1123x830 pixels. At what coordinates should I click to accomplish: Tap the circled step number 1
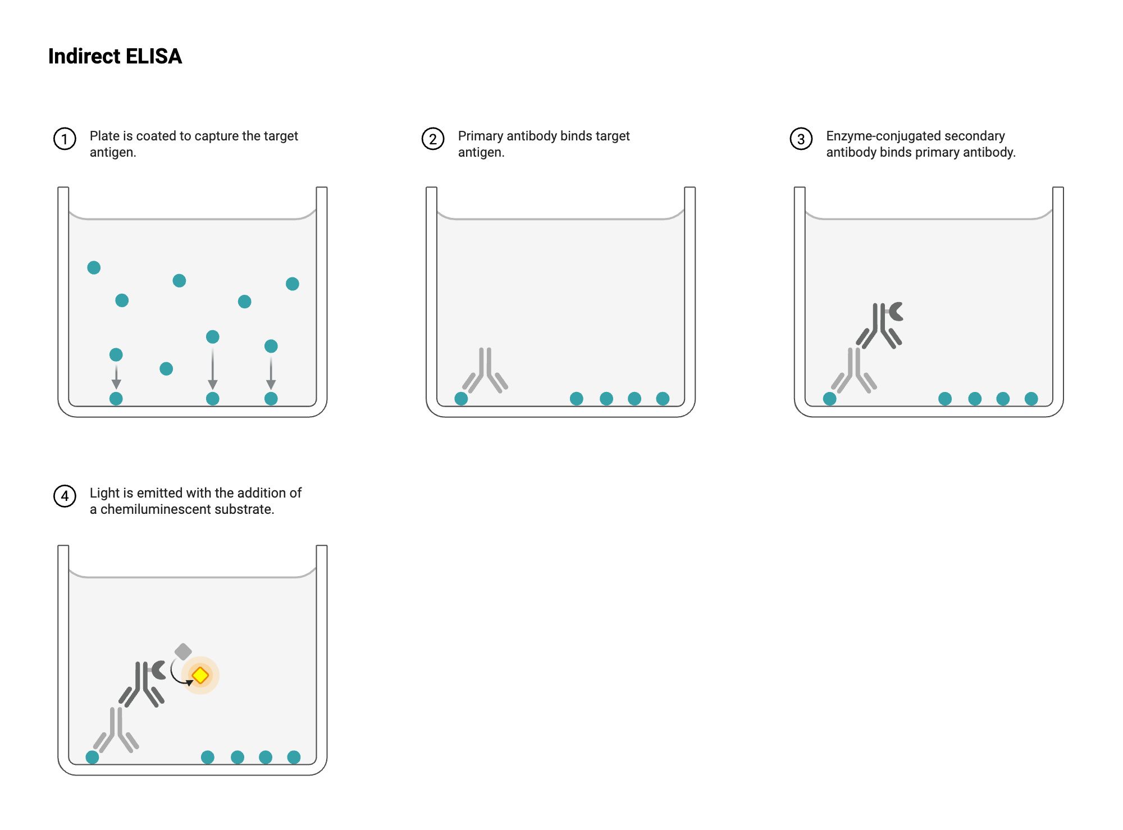[x=65, y=139]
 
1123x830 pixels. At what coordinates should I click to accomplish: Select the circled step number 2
[x=433, y=139]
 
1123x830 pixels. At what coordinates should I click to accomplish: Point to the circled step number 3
[x=801, y=139]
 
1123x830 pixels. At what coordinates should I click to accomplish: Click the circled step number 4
[x=65, y=496]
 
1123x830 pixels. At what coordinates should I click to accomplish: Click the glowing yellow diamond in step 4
[x=200, y=675]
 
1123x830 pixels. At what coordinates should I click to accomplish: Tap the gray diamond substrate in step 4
[x=183, y=651]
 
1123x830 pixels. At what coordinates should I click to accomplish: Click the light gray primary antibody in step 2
[x=485, y=371]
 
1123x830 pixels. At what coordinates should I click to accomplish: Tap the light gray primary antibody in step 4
[x=116, y=729]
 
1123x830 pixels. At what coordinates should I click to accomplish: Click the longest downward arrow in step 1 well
[x=212, y=368]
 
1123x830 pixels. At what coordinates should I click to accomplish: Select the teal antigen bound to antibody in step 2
[x=461, y=399]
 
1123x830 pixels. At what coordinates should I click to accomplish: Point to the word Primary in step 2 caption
[x=480, y=136]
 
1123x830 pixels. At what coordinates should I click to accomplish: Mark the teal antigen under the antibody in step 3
[x=829, y=399]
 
